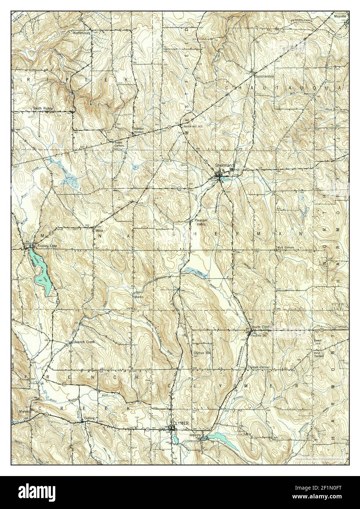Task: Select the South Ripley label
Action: [x=43, y=108]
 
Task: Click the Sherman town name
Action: [x=222, y=165]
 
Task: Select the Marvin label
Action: [x=24, y=412]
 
